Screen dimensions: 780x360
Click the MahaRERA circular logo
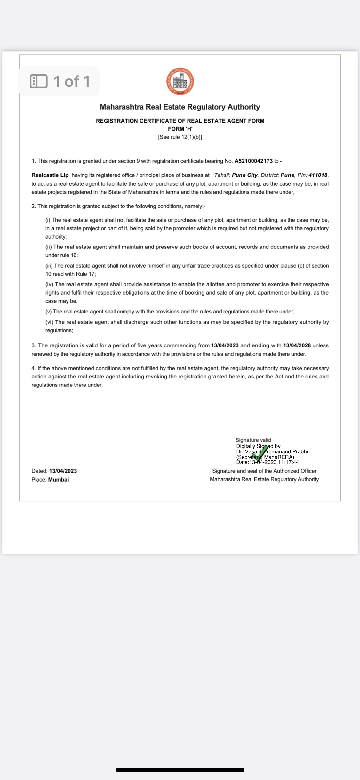coord(180,81)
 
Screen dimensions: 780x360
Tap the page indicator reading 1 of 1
coord(72,81)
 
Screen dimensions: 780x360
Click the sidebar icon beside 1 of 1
coord(38,81)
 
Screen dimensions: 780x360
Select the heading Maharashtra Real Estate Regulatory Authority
coord(180,107)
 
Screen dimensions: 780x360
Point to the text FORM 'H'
coord(180,129)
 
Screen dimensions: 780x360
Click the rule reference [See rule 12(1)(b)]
coord(180,137)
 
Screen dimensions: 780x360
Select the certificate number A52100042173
coord(253,161)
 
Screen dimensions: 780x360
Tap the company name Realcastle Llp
coord(50,175)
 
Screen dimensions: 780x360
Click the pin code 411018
coord(318,175)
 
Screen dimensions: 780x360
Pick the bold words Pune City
coord(244,175)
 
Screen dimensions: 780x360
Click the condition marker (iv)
coord(49,284)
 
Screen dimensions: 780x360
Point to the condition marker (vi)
coord(49,322)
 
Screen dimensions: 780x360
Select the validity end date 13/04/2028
coord(297,345)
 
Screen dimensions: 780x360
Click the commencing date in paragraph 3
coord(225,345)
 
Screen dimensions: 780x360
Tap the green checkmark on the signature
coord(260,454)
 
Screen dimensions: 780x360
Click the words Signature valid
coord(253,440)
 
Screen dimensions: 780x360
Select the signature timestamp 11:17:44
coord(288,462)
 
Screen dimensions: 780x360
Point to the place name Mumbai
coord(59,480)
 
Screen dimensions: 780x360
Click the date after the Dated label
coord(63,471)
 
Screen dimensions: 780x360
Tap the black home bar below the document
coord(180,770)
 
